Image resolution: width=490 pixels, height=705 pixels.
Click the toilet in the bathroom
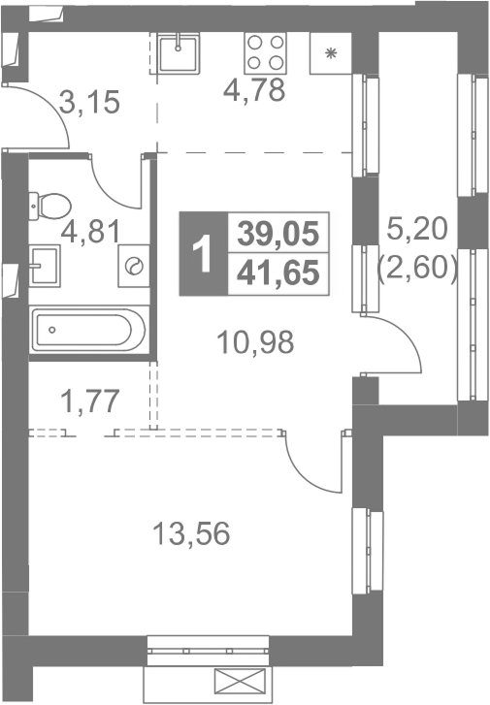click(x=49, y=207)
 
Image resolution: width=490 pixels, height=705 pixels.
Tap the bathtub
click(x=89, y=330)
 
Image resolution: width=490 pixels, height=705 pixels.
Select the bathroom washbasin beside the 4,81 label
click(x=45, y=266)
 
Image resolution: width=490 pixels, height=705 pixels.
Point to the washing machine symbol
click(x=134, y=266)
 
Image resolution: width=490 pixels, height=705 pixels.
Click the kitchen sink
click(x=179, y=53)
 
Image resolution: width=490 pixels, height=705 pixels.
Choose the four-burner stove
click(x=266, y=53)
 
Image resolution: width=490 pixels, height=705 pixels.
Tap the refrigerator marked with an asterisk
click(x=331, y=53)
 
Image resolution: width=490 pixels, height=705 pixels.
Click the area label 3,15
click(x=89, y=102)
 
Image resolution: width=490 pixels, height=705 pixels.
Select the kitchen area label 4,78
click(x=254, y=89)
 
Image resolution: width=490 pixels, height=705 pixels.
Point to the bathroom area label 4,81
click(x=91, y=232)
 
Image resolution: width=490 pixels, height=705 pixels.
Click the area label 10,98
click(x=255, y=341)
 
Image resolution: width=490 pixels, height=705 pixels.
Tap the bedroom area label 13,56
click(x=191, y=533)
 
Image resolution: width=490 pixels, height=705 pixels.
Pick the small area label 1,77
click(x=90, y=401)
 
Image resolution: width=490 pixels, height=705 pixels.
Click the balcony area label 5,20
click(x=417, y=228)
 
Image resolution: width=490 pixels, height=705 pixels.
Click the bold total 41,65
click(x=278, y=273)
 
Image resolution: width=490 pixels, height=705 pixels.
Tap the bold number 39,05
click(x=278, y=234)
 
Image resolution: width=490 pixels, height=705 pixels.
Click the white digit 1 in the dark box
click(x=203, y=254)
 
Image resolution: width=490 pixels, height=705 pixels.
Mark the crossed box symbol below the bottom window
click(x=240, y=681)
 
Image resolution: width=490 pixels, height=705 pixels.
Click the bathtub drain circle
click(x=52, y=330)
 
